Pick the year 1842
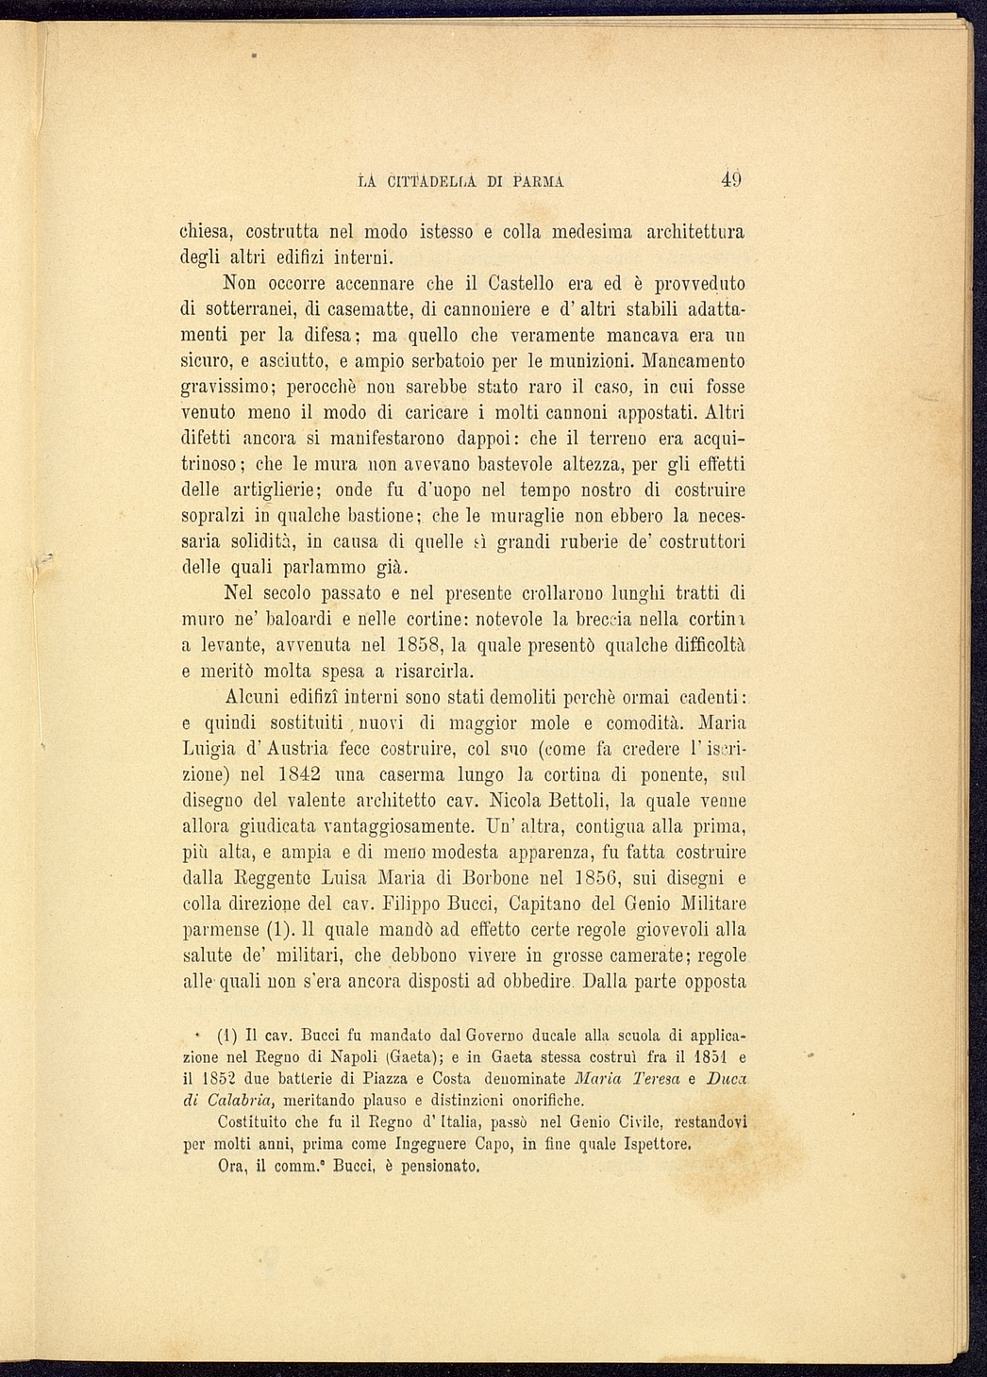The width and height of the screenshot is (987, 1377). click(302, 775)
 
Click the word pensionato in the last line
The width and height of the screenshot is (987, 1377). click(441, 1167)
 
